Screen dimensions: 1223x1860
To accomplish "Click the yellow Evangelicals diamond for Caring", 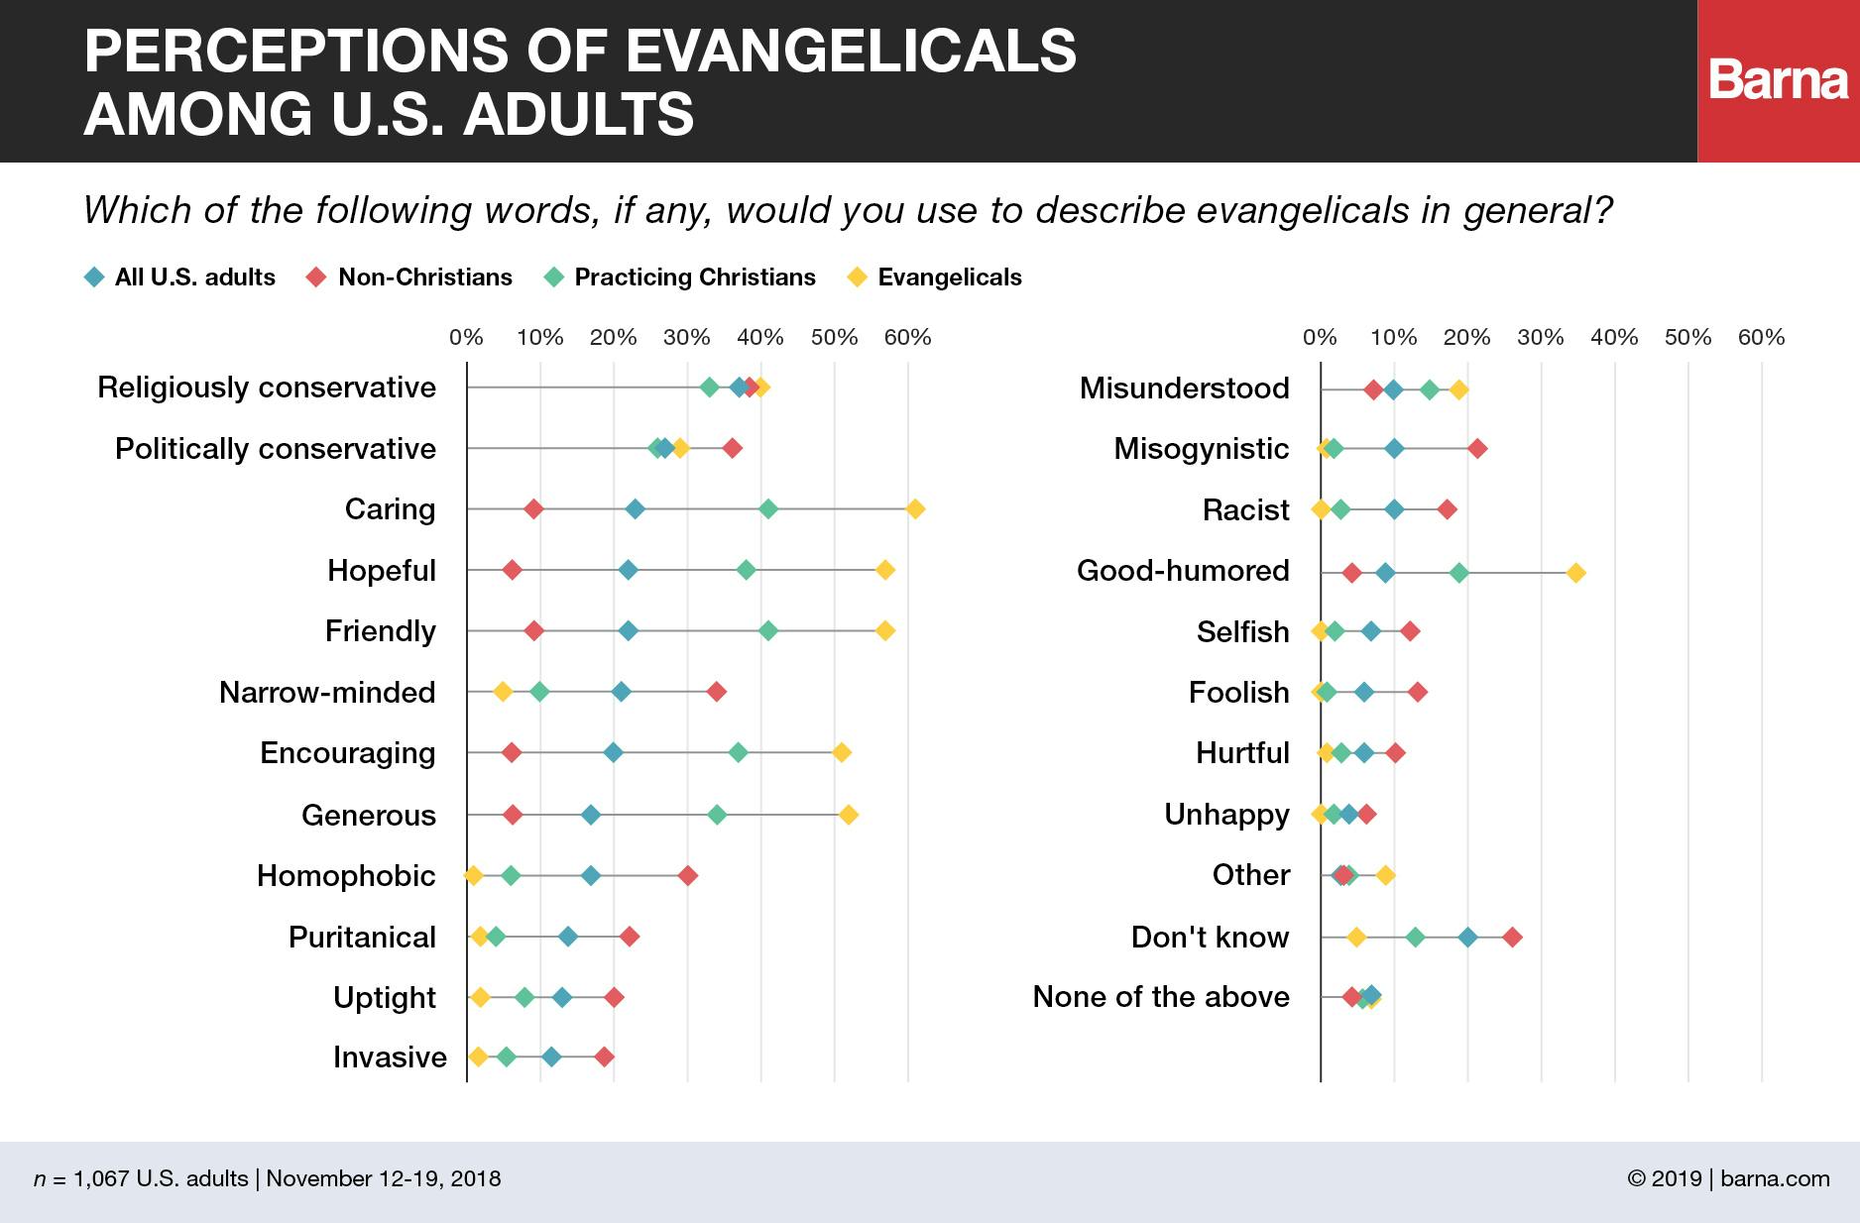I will pyautogui.click(x=915, y=509).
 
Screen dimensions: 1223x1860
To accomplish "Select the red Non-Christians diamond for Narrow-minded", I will pyautogui.click(x=716, y=692).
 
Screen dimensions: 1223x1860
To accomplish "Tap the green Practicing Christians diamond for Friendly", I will pyautogui.click(x=767, y=631).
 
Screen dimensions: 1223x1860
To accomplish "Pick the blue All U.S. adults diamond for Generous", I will pyautogui.click(x=591, y=815).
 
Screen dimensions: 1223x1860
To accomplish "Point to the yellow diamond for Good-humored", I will pyautogui.click(x=1575, y=573).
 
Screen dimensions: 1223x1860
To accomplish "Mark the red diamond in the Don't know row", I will pyautogui.click(x=1512, y=938).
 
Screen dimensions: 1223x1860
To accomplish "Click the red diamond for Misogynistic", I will pyautogui.click(x=1477, y=449).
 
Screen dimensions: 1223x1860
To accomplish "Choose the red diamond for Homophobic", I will pyautogui.click(x=687, y=876).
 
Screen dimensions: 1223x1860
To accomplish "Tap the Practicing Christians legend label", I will pyautogui.click(x=695, y=278).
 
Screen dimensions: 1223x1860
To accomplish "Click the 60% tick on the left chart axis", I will pyautogui.click(x=907, y=338).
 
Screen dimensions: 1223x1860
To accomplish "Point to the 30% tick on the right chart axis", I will pyautogui.click(x=1541, y=338).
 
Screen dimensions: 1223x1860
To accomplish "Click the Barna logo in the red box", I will pyautogui.click(x=1779, y=81).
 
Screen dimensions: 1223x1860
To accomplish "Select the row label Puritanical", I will pyautogui.click(x=362, y=938).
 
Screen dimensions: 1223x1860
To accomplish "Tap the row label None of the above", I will pyautogui.click(x=1161, y=997).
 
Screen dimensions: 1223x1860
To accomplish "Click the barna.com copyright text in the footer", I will pyautogui.click(x=1728, y=1178).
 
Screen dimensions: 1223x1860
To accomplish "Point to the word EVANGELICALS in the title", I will pyautogui.click(x=852, y=51).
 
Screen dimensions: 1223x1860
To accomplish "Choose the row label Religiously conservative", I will pyautogui.click(x=267, y=388).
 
